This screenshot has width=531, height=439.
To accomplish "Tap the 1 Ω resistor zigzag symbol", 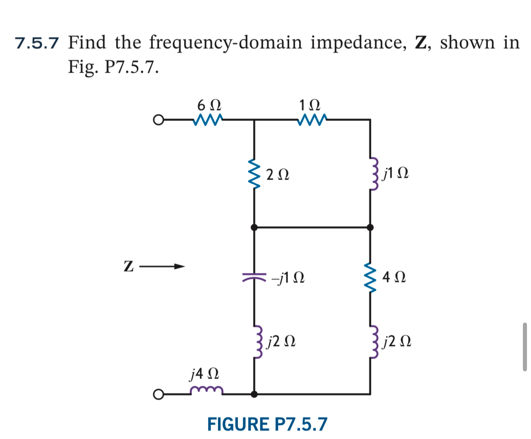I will point(310,120).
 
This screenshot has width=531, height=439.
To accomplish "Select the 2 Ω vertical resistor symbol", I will point(255,174).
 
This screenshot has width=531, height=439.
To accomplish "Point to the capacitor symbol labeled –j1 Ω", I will point(255,276).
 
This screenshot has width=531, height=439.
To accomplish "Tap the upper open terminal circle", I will point(157,120).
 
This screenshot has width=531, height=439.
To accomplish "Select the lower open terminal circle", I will point(157,394).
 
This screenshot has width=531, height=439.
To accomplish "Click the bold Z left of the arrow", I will point(128,267).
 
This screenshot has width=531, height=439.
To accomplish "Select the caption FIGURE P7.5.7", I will point(268,424).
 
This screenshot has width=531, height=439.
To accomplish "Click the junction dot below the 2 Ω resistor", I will point(255,227).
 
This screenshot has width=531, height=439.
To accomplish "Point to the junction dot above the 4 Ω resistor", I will point(371,227).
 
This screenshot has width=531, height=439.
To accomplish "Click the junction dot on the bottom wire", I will point(255,394).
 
